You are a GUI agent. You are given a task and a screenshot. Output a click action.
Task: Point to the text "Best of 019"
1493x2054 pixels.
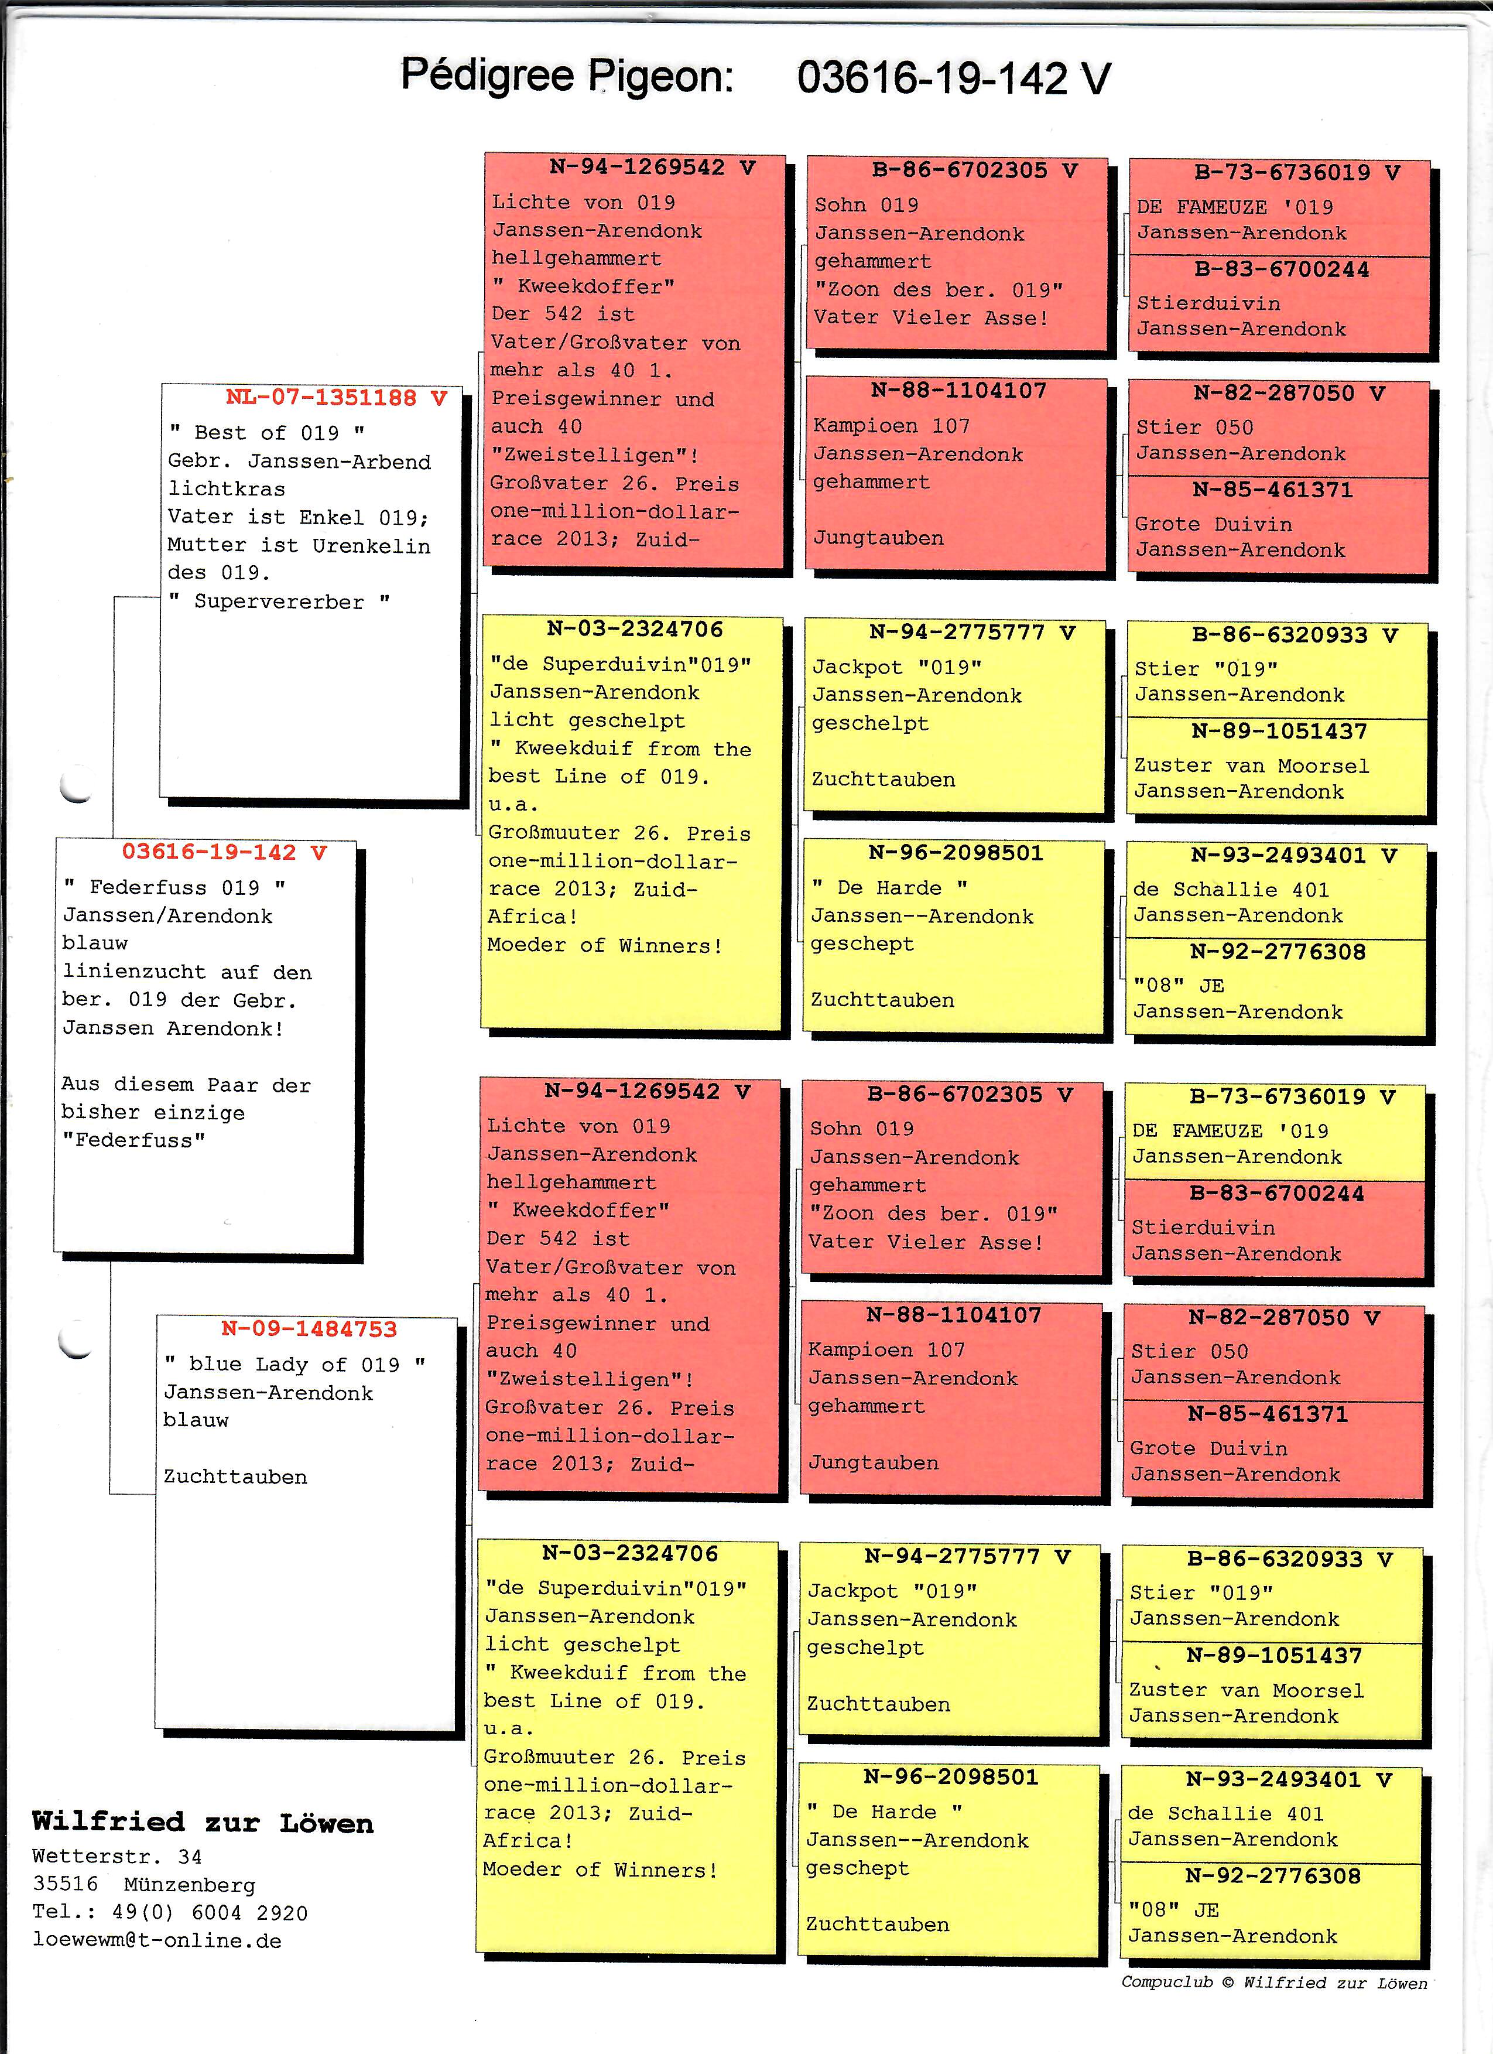(267, 433)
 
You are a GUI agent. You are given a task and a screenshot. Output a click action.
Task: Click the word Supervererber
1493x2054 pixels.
(279, 601)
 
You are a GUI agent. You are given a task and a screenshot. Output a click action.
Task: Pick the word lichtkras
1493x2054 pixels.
(227, 489)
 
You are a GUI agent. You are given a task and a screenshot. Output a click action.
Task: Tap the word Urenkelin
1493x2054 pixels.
(371, 545)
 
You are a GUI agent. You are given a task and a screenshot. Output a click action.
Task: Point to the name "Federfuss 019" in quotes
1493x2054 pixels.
(174, 887)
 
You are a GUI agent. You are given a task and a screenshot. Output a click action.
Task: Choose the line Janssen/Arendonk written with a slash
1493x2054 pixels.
(167, 915)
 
